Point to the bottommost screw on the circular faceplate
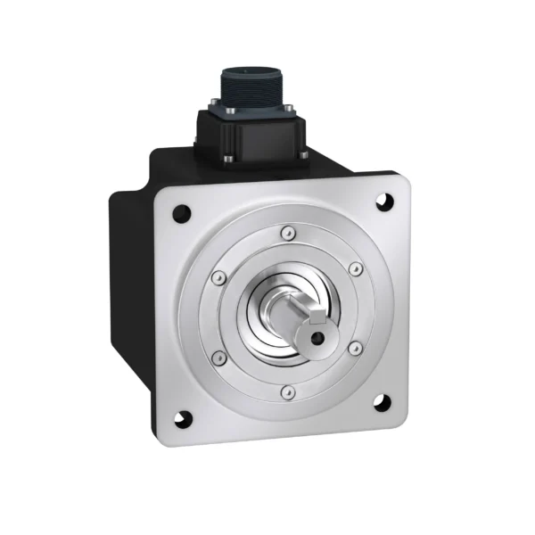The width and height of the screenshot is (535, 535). (285, 391)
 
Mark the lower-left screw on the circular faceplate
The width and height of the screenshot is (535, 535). (218, 358)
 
